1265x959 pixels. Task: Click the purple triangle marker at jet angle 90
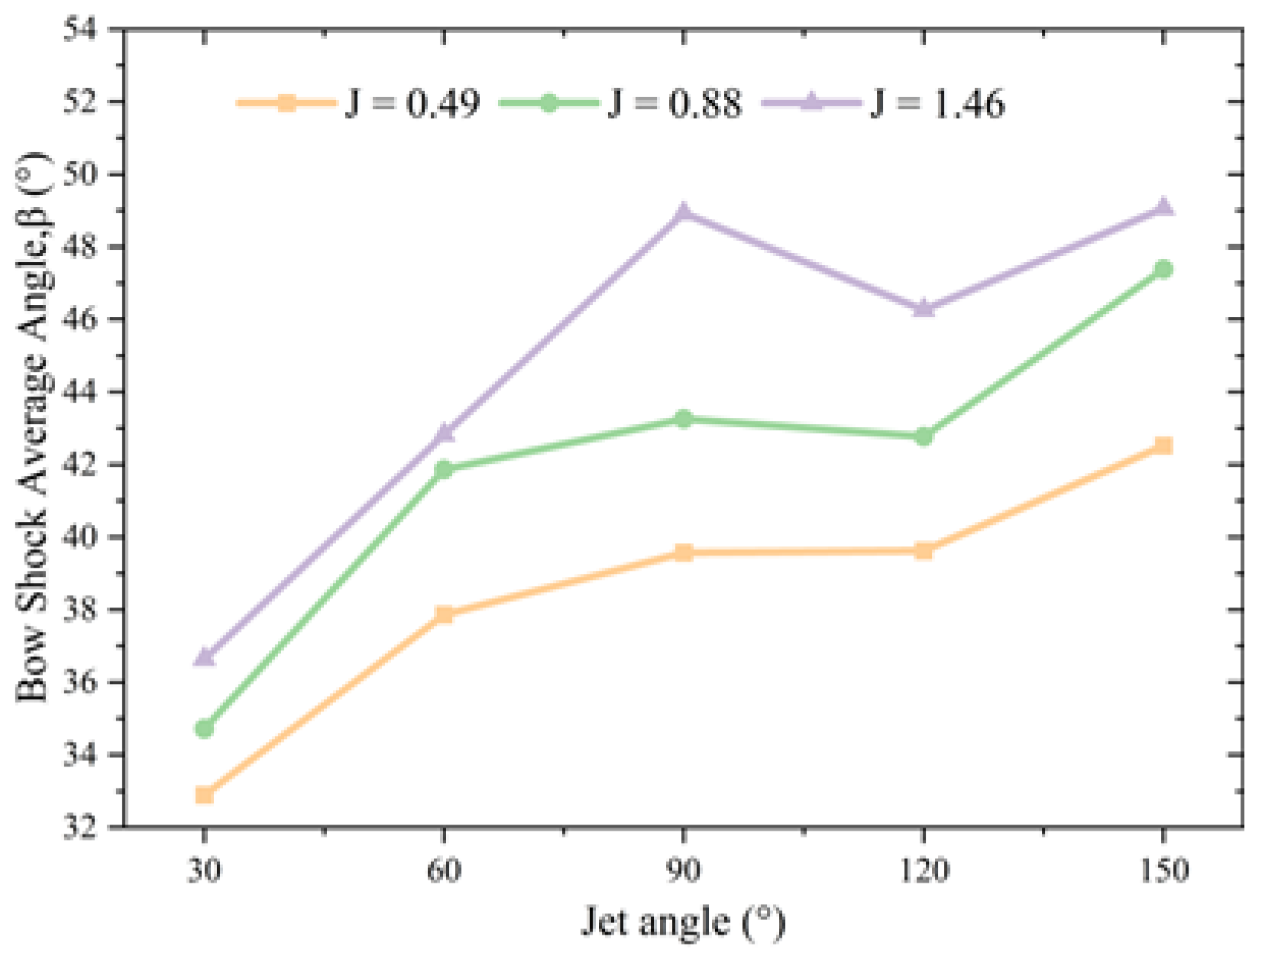[683, 211]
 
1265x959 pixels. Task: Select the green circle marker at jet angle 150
[1163, 269]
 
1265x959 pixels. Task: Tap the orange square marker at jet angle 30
[204, 795]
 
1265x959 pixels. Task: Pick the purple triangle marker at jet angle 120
[924, 308]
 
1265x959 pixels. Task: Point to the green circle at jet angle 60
[444, 469]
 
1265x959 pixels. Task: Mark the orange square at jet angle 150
[1163, 445]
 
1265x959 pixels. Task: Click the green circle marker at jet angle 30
[204, 728]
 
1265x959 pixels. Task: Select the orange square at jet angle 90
[683, 552]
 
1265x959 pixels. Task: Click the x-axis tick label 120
[924, 870]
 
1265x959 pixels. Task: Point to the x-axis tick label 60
[444, 870]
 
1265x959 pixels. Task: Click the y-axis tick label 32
[81, 827]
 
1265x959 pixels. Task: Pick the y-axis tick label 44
[81, 392]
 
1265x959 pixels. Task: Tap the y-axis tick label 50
[81, 174]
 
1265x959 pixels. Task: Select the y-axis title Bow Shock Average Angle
[32, 428]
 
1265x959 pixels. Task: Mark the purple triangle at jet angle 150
[1163, 206]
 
